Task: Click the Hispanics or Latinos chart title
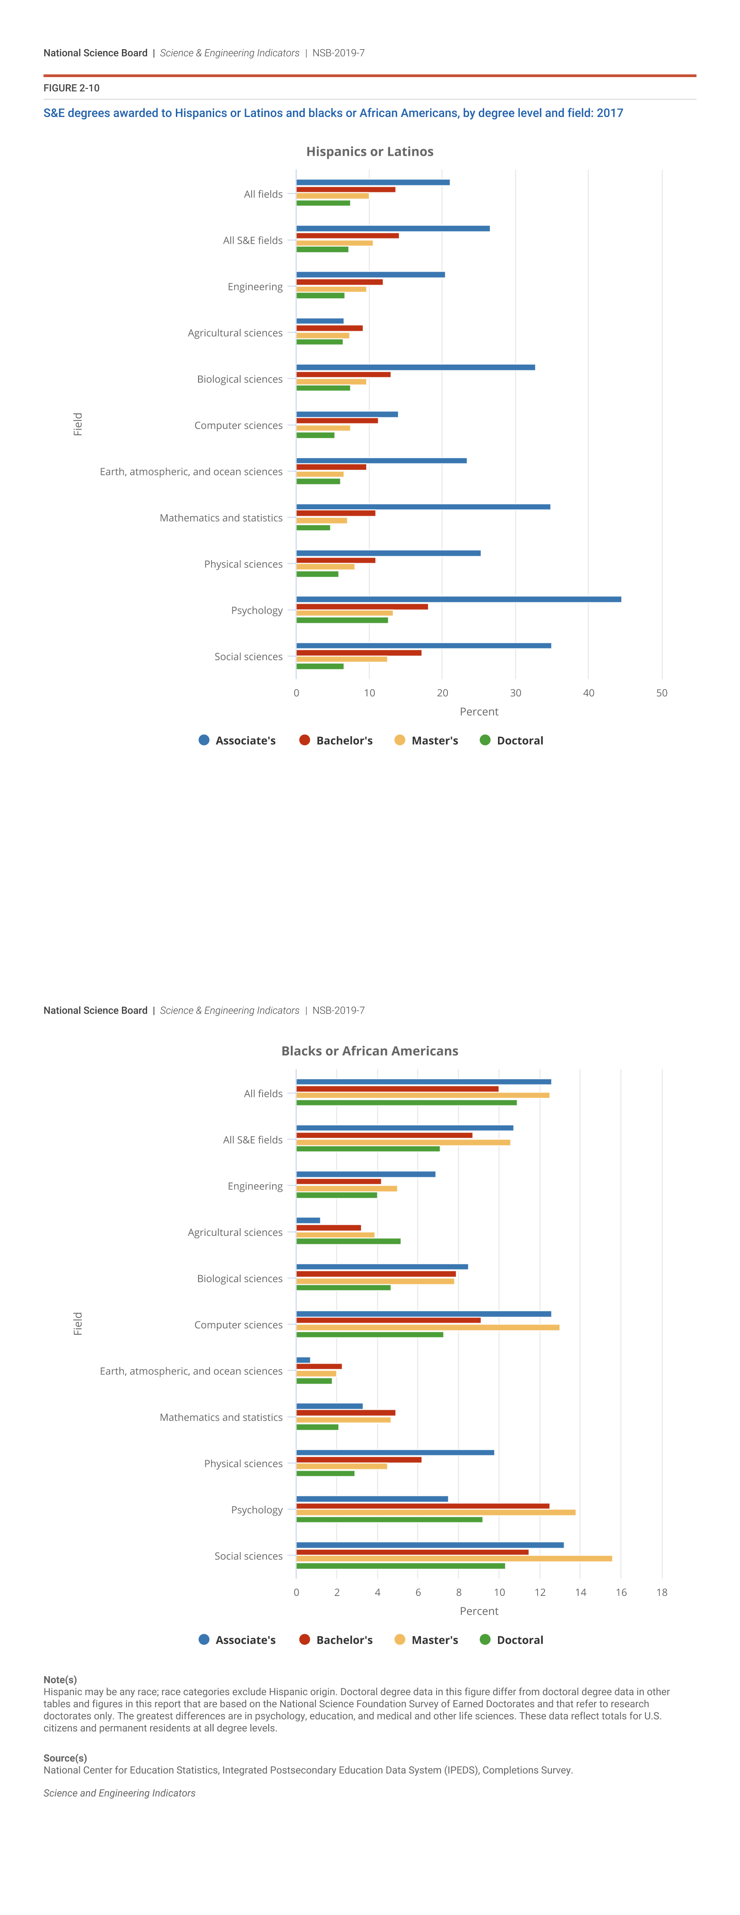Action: [370, 151]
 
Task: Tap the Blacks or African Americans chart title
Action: [370, 1051]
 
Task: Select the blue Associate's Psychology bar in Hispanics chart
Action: [458, 599]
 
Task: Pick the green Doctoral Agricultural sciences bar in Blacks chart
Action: [348, 1241]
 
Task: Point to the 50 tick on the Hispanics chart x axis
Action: [661, 693]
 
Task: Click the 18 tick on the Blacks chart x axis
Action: [661, 1592]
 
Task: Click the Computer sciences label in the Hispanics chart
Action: [238, 425]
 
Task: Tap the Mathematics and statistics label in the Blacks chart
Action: [221, 1418]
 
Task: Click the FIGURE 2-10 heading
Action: [71, 88]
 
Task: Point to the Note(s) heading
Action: [60, 1680]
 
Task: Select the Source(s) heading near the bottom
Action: [65, 1758]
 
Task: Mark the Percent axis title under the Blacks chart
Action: [479, 1611]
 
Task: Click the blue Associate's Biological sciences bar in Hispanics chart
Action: [415, 367]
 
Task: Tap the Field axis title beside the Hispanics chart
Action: [78, 424]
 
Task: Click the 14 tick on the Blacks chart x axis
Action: [580, 1592]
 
